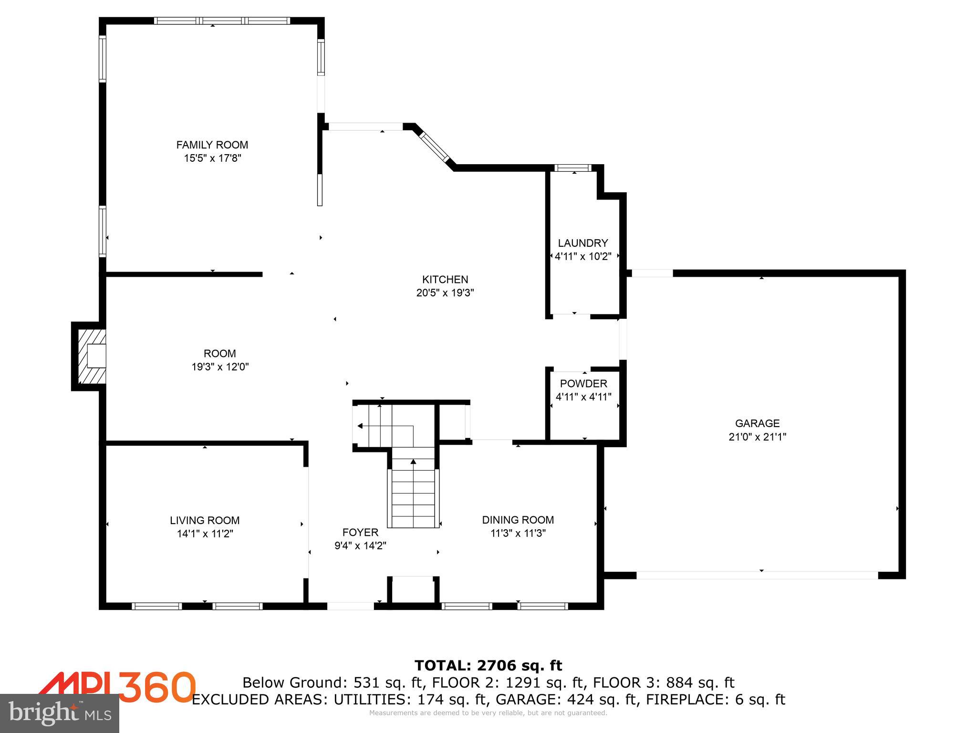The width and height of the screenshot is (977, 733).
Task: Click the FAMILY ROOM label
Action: point(212,145)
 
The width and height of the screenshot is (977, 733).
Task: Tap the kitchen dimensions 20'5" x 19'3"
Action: point(445,293)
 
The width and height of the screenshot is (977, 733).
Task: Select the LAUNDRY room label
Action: point(583,243)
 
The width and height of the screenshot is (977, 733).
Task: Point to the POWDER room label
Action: point(583,384)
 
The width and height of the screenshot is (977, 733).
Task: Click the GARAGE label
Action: point(757,423)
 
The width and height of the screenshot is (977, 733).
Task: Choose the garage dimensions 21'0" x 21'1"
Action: point(757,437)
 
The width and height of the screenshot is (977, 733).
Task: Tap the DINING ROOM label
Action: point(518,520)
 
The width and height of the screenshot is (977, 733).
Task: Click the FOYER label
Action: point(360,532)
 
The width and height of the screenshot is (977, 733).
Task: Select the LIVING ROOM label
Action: point(205,520)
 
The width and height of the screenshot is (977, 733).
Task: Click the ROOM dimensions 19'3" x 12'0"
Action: point(220,367)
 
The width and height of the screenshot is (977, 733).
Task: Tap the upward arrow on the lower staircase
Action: point(413,461)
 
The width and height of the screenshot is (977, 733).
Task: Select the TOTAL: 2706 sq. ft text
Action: point(488,665)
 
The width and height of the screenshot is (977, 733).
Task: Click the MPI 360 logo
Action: point(117,687)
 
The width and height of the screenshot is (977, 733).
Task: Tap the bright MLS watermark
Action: point(60,713)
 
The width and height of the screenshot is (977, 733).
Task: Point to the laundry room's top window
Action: point(573,168)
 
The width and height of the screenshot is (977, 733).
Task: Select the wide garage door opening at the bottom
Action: point(757,576)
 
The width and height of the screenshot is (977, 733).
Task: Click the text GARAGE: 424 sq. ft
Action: point(567,700)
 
